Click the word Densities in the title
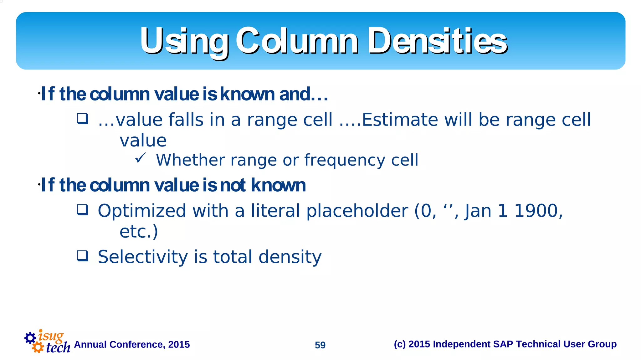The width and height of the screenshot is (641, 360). tap(437, 41)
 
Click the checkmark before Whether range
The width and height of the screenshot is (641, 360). tap(141, 158)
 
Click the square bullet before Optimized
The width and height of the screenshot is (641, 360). tap(83, 210)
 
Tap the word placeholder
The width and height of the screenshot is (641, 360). tap(357, 211)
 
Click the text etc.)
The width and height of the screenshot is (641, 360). tap(139, 232)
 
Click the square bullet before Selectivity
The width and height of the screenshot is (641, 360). tap(83, 256)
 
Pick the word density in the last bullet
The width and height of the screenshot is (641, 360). tap(290, 257)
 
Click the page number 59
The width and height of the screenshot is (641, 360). tap(320, 345)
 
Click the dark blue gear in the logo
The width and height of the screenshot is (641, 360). tap(30, 338)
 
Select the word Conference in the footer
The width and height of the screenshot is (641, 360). tap(137, 344)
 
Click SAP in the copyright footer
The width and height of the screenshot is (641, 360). tap(503, 344)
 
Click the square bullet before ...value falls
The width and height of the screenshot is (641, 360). tap(83, 119)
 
